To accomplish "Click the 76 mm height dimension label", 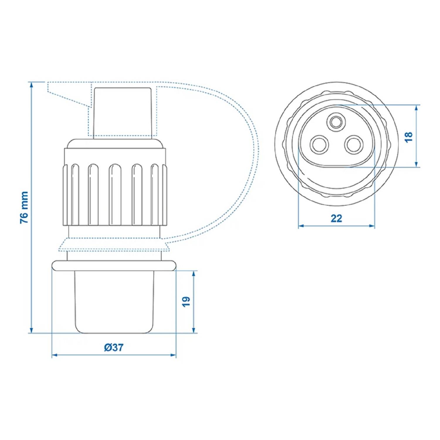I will coord(24,207).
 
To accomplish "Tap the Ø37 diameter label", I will coord(114,347).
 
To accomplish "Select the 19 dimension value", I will coord(186,302).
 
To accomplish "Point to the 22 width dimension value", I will coord(336,219).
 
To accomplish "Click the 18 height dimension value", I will coord(409,137).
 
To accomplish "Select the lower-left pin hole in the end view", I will coord(319,145).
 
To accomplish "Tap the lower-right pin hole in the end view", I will coord(353,145).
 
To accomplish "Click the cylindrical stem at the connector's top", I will coord(122,113).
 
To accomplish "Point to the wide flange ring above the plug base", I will coord(114,265).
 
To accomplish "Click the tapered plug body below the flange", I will coord(114,302).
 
